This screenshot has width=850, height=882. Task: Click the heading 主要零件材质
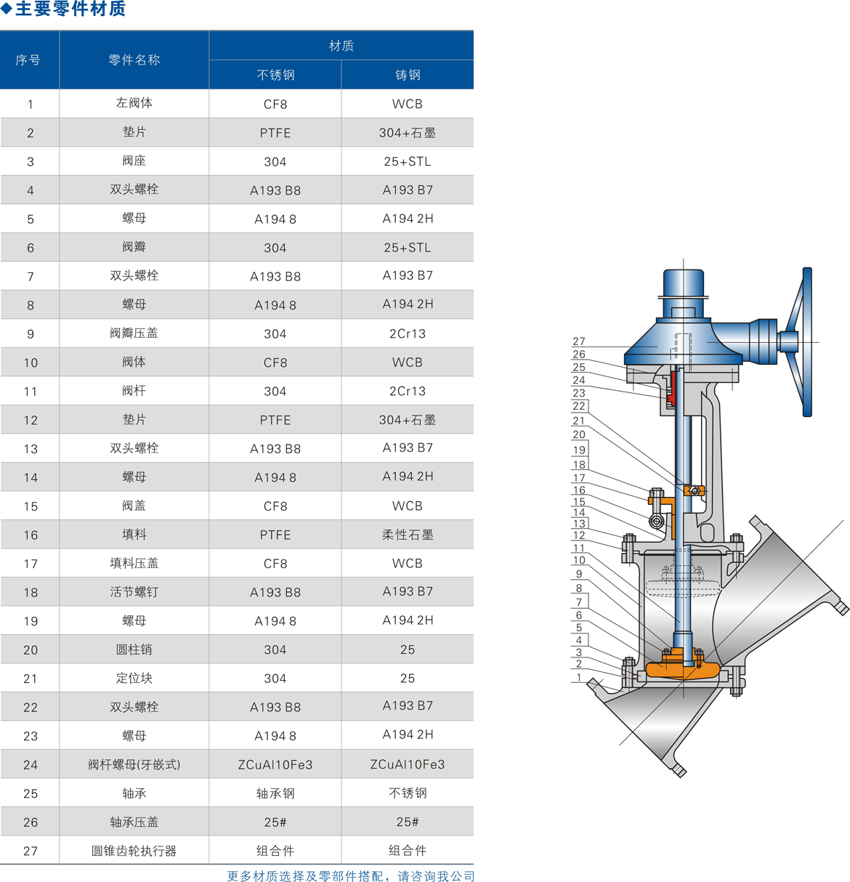pyautogui.click(x=70, y=9)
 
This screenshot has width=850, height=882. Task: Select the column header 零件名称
pyautogui.click(x=134, y=60)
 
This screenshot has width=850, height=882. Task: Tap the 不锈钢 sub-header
pyautogui.click(x=275, y=75)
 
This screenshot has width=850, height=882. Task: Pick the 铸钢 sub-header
pyautogui.click(x=408, y=75)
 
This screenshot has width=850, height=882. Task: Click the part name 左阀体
pyautogui.click(x=134, y=103)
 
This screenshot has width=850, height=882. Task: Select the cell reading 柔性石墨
pyautogui.click(x=408, y=535)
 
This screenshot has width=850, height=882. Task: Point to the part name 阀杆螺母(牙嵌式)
pyautogui.click(x=134, y=764)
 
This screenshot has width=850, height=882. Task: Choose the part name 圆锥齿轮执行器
pyautogui.click(x=134, y=851)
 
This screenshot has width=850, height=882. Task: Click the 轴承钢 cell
pyautogui.click(x=275, y=793)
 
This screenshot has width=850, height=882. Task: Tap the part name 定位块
pyautogui.click(x=134, y=678)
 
